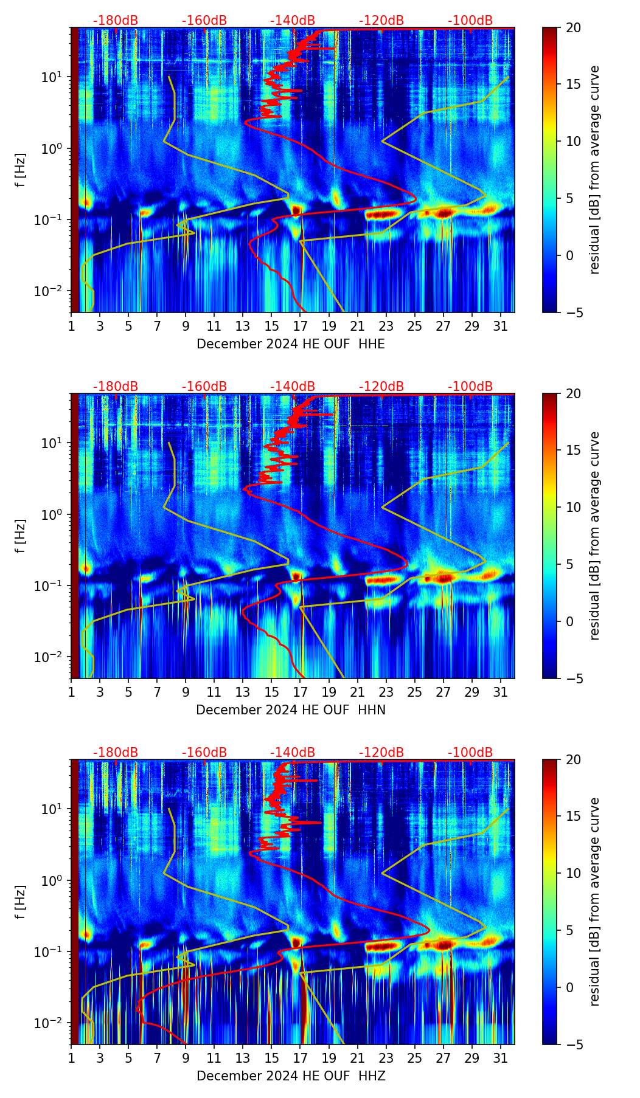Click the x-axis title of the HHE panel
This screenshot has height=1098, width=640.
click(290, 344)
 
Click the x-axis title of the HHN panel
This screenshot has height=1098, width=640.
click(290, 710)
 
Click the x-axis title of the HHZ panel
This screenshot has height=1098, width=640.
click(290, 1076)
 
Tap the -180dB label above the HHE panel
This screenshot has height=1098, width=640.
click(116, 21)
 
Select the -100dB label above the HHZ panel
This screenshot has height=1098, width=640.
click(470, 753)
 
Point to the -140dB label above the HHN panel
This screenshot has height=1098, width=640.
click(293, 387)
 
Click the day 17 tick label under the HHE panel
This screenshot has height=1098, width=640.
click(301, 326)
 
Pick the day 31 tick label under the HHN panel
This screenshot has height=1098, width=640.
click(501, 692)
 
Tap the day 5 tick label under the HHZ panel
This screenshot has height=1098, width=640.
click(128, 1058)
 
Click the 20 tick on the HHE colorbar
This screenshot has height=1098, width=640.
click(573, 28)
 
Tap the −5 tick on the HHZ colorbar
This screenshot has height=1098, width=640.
click(573, 1044)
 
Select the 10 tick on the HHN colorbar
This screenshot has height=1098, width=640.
click(573, 507)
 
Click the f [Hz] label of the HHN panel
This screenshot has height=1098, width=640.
click(21, 536)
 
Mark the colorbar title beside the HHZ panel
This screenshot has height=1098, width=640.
click(594, 902)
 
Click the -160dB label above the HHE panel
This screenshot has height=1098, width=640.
click(204, 21)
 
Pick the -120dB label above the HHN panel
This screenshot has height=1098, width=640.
click(381, 387)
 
